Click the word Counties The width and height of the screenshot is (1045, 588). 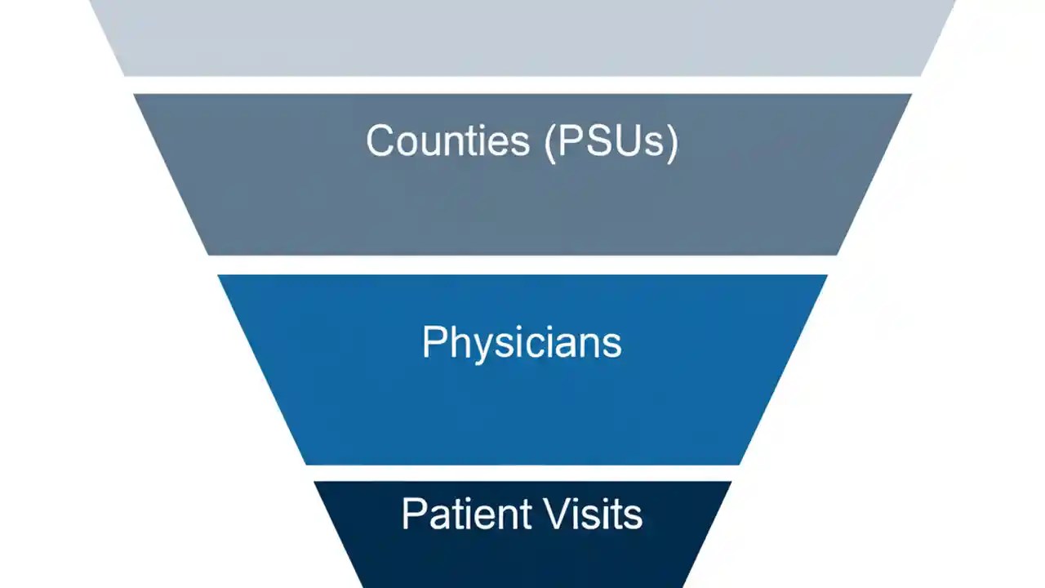pyautogui.click(x=448, y=140)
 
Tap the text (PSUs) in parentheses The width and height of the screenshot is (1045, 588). pyautogui.click(x=611, y=141)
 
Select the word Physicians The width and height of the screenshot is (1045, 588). pyautogui.click(x=522, y=342)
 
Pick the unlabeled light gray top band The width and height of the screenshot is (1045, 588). pyautogui.click(x=522, y=37)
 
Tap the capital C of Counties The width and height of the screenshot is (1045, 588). pyautogui.click(x=380, y=140)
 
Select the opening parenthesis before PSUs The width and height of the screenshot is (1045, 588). pyautogui.click(x=549, y=142)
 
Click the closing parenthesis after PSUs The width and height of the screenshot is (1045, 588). pyautogui.click(x=673, y=142)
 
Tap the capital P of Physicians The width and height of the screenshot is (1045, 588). pyautogui.click(x=433, y=341)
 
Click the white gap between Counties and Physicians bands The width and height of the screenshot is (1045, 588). pyautogui.click(x=522, y=265)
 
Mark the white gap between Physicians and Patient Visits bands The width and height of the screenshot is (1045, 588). pyautogui.click(x=522, y=473)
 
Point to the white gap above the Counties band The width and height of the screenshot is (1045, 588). pyautogui.click(x=522, y=85)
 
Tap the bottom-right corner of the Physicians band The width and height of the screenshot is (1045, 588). pyautogui.click(x=738, y=463)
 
